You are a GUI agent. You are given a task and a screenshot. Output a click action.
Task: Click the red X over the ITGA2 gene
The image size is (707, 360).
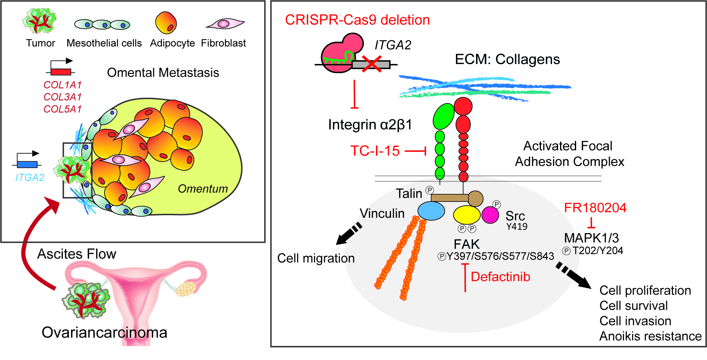pos(372,64)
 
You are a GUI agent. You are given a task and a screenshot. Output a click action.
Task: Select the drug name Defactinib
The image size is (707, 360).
pos(500,277)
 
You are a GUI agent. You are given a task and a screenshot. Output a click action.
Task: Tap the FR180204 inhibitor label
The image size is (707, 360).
pos(595,208)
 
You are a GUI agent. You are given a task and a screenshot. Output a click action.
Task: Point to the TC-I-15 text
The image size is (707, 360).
pos(375,151)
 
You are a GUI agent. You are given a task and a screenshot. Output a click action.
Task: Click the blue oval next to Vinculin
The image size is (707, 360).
pos(431,211)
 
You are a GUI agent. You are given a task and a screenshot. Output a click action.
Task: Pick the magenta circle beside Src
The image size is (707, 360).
pos(490,215)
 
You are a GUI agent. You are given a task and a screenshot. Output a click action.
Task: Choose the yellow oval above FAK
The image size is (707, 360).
pos(467,215)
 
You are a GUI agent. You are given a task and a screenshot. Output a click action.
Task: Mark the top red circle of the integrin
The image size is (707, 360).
pos(463,106)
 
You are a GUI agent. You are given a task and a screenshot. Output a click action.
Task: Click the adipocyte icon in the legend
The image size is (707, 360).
pos(166,23)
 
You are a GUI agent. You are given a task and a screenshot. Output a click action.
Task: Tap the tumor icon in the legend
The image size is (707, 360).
pos(40,21)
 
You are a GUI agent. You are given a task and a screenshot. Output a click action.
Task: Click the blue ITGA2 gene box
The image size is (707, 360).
pos(27,164)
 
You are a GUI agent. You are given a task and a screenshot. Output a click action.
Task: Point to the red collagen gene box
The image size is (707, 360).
pos(61,72)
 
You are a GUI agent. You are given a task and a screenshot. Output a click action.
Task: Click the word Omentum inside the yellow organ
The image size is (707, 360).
pos(203,189)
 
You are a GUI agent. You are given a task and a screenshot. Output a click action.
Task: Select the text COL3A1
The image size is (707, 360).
pos(63,97)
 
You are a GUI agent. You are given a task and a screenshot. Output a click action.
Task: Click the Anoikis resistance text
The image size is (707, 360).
pos(650,336)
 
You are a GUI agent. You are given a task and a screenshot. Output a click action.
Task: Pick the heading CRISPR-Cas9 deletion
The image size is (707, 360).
pos(357,20)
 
